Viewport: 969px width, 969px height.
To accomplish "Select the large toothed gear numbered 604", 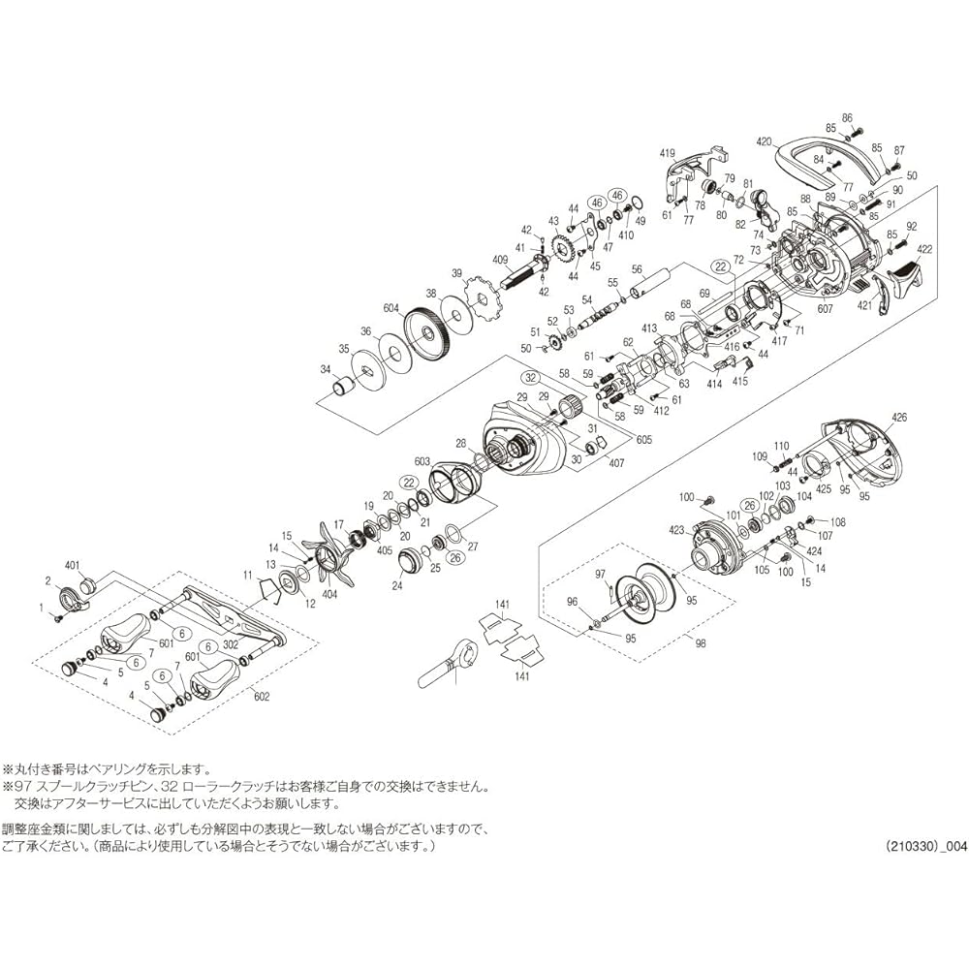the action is tap(427, 335).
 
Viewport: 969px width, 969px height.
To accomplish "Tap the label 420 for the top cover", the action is tap(764, 141).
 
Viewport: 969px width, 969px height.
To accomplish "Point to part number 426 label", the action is tap(899, 419).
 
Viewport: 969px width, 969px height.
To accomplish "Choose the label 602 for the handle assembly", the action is tap(262, 697).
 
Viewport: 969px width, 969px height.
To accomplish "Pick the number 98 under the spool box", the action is tap(701, 643).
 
